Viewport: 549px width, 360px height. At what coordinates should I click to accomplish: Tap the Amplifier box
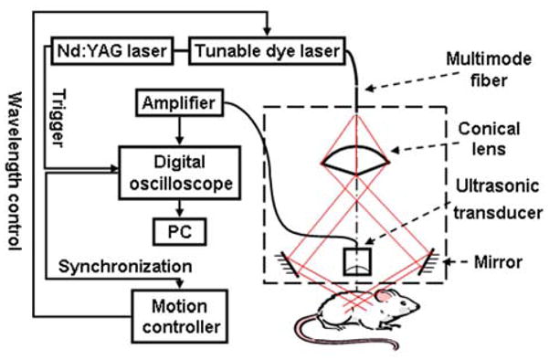pos(178,105)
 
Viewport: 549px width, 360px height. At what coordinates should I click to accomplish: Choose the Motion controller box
pos(178,313)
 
